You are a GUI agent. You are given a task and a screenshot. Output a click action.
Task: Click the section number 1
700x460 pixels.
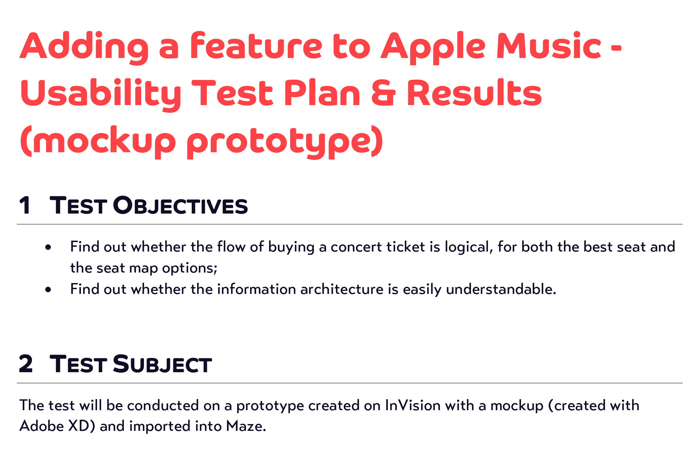coord(25,205)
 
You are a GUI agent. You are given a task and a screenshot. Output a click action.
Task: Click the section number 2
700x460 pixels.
coord(26,364)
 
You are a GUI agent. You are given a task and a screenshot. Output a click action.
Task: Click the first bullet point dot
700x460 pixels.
coord(48,247)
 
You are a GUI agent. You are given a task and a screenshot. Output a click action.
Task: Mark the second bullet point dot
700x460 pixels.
coord(48,289)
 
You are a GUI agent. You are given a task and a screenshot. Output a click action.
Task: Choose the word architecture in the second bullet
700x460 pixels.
coord(342,289)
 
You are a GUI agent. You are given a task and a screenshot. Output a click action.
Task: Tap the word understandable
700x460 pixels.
coord(501,289)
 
